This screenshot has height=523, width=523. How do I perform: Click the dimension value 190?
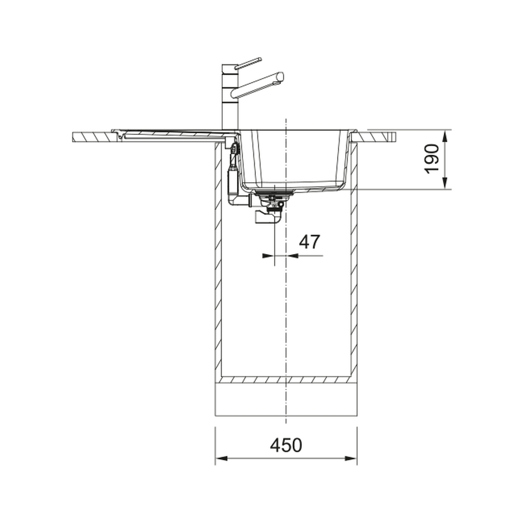432,159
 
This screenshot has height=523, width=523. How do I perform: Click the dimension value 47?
309,242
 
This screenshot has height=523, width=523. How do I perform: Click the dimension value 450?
286,445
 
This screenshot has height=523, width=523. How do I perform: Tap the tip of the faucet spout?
281,77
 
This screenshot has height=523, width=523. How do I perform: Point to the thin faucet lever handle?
248,63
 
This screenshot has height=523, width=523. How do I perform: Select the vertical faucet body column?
230,98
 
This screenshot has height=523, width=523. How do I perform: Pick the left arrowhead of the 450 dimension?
221,458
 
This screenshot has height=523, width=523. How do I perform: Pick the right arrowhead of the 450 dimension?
351,458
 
